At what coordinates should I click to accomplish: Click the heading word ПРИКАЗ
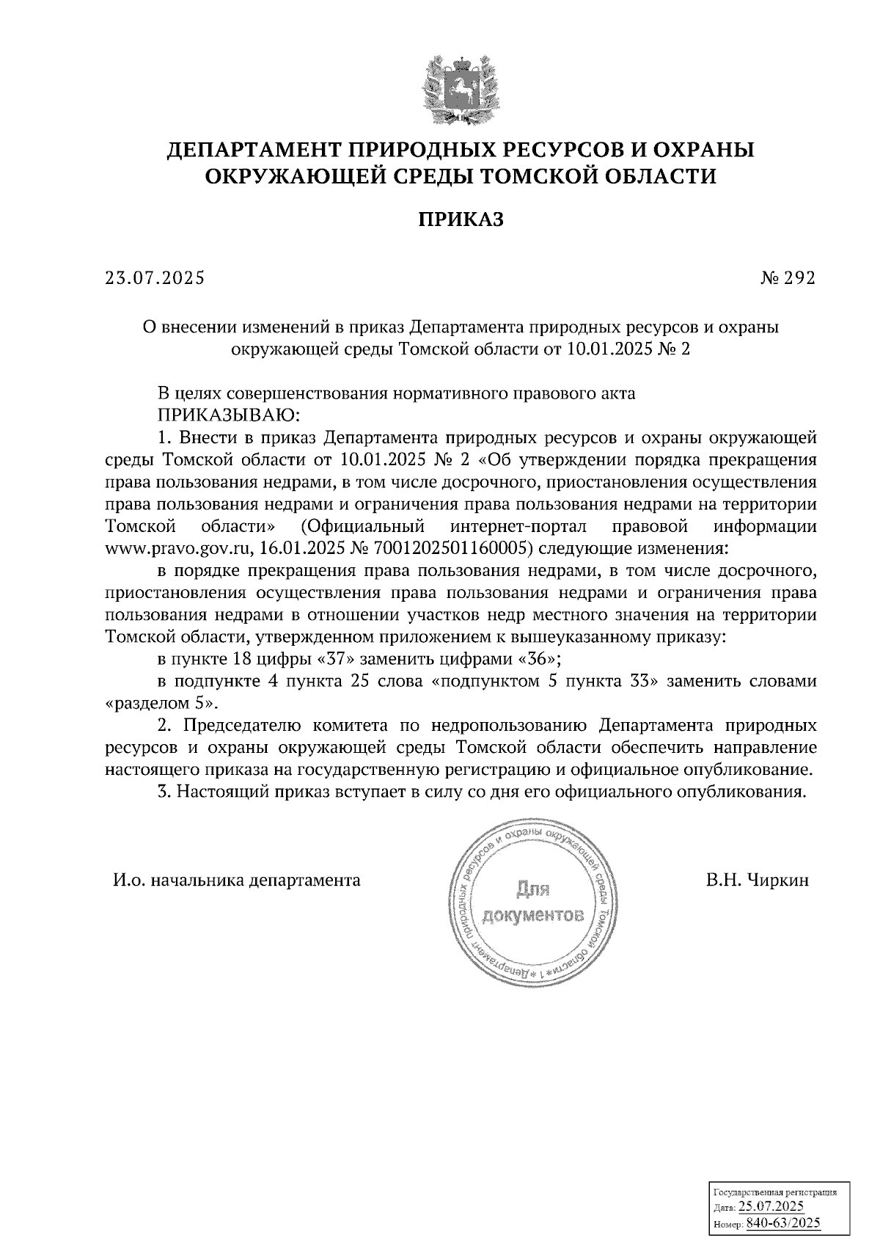(461, 219)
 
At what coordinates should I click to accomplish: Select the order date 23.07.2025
(155, 279)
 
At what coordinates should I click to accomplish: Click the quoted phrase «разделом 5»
(161, 702)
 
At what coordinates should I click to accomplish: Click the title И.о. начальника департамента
(236, 880)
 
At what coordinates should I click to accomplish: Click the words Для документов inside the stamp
(533, 903)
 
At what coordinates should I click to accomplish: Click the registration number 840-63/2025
(783, 1223)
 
